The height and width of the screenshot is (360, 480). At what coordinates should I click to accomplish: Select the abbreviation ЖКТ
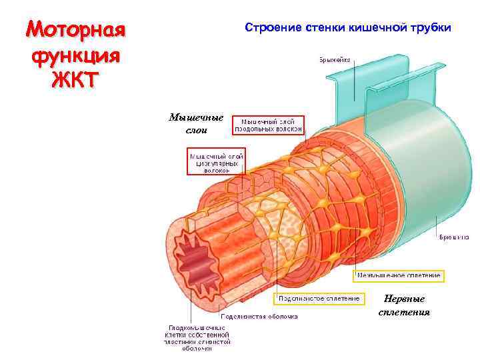coord(75,79)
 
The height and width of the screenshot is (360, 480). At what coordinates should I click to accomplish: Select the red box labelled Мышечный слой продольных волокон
coord(267,125)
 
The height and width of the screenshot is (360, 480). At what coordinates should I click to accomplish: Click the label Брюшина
coord(453,237)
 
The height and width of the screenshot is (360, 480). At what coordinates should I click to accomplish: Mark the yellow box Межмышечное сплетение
coord(399,275)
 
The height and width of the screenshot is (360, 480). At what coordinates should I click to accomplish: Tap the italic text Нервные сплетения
coord(404,305)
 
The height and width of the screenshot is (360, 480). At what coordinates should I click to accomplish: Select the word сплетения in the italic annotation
coord(404,312)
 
